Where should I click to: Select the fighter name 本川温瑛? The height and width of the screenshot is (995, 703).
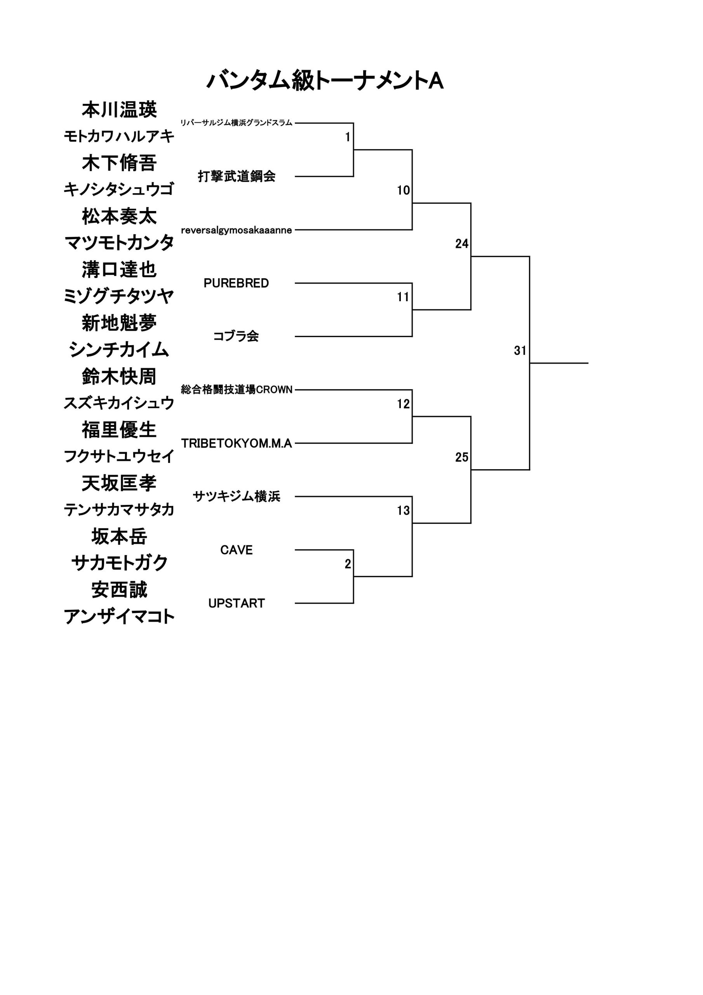[119, 110]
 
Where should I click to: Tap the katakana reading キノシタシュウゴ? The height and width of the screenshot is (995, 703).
[119, 189]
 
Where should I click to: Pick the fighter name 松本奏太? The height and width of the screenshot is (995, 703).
[119, 216]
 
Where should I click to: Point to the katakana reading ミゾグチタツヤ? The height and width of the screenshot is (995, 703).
[119, 297]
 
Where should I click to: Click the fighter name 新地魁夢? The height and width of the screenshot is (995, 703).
[119, 323]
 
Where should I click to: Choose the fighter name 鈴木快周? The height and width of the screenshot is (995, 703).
[119, 376]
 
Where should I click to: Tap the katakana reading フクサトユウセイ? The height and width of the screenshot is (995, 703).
[119, 456]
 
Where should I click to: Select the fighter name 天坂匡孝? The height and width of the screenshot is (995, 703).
[119, 483]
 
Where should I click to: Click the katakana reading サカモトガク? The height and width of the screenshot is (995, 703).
[119, 563]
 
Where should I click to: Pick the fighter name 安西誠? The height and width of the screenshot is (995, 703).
[119, 589]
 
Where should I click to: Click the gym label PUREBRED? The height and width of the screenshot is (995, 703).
[236, 283]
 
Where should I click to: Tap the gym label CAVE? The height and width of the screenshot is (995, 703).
[236, 550]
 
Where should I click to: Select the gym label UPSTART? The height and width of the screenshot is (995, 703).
[236, 603]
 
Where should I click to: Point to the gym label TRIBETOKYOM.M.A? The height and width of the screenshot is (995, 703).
[237, 443]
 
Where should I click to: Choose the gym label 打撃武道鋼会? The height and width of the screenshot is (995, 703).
[237, 176]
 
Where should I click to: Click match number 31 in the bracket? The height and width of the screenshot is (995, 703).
[520, 350]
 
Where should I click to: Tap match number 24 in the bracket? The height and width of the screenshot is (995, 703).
[462, 244]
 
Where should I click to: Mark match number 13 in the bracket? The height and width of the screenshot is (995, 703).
[403, 510]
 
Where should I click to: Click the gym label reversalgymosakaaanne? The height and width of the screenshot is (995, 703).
[237, 230]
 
